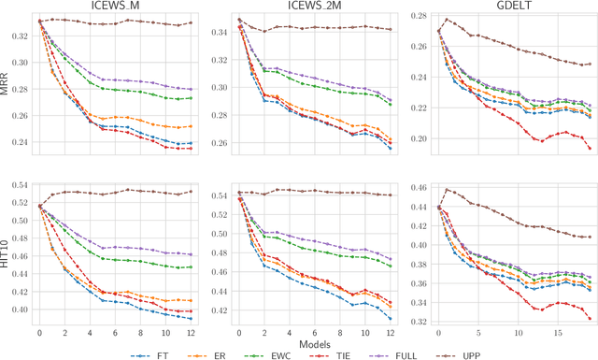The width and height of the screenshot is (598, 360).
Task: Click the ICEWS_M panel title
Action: click(x=117, y=7)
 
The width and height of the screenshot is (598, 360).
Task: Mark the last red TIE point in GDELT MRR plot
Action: click(x=591, y=148)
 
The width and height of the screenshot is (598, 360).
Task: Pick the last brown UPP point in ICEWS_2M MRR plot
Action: click(x=391, y=30)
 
